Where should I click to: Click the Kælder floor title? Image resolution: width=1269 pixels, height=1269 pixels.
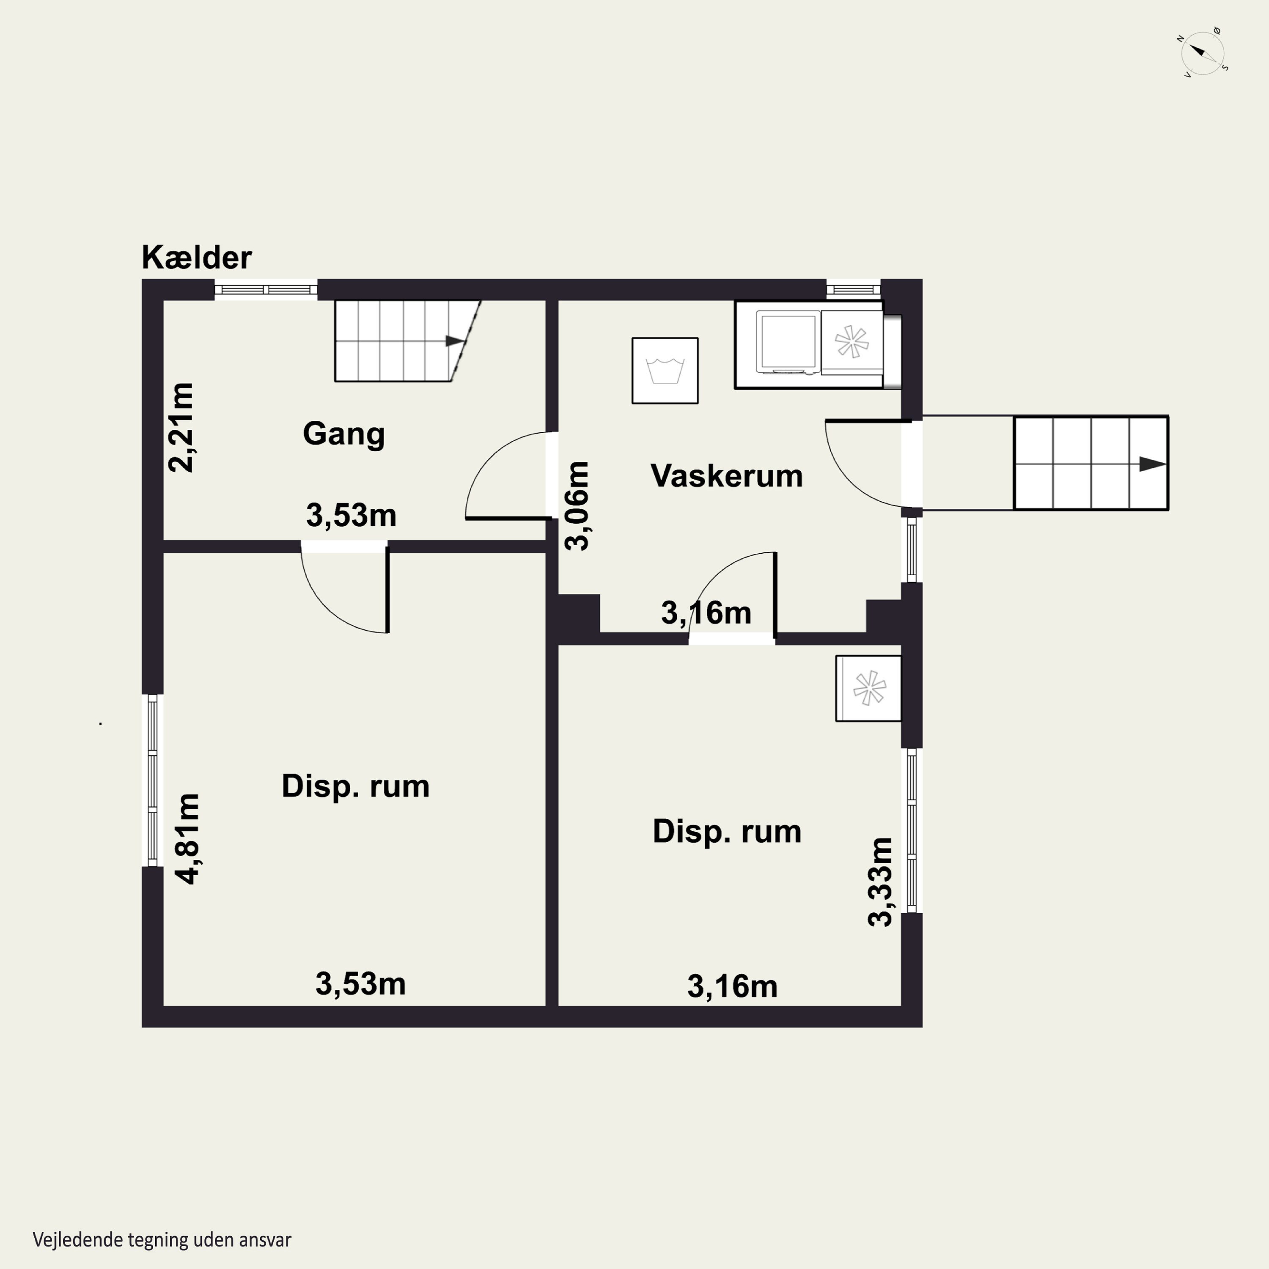point(196,258)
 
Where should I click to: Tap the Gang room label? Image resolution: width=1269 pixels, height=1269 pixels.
point(343,434)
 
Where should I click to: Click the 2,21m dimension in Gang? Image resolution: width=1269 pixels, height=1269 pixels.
point(181,428)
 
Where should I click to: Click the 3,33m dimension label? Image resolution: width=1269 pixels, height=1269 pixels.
point(880,882)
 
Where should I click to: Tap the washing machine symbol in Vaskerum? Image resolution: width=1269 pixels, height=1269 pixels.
point(665,371)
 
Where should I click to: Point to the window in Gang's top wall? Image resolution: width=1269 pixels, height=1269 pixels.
point(266,290)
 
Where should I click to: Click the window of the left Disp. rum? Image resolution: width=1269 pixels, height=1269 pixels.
point(152,780)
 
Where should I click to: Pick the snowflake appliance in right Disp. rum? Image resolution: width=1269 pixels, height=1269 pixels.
point(868,688)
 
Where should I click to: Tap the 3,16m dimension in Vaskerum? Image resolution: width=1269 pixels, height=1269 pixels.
point(706,613)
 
